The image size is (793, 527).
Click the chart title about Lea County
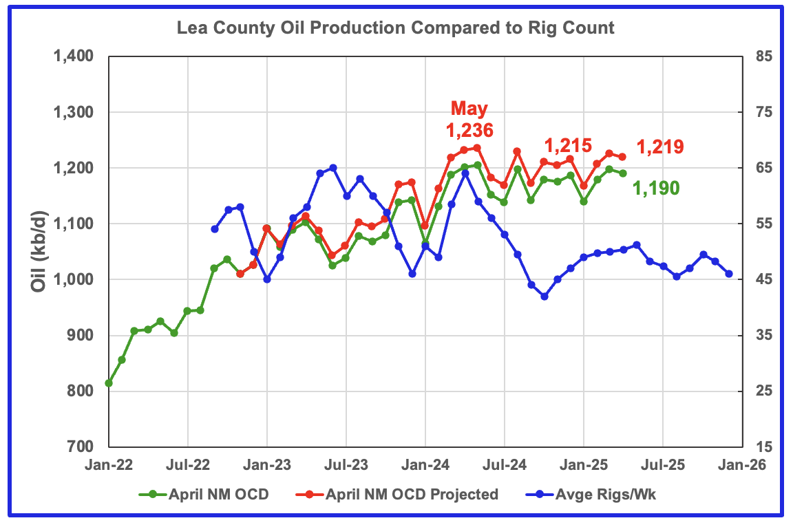(395, 28)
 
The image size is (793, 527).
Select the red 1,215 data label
(568, 145)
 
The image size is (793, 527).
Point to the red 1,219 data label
(659, 147)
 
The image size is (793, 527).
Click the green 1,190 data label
(656, 187)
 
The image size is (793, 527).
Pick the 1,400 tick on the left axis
(73, 56)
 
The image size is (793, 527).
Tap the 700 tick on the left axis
(81, 447)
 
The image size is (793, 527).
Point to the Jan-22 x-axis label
(109, 465)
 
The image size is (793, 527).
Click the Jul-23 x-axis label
(346, 465)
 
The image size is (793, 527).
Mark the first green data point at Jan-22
(109, 383)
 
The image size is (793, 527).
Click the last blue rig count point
(729, 274)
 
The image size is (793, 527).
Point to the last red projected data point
(622, 157)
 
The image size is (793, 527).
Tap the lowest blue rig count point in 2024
(544, 297)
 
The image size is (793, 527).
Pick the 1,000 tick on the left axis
(73, 279)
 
